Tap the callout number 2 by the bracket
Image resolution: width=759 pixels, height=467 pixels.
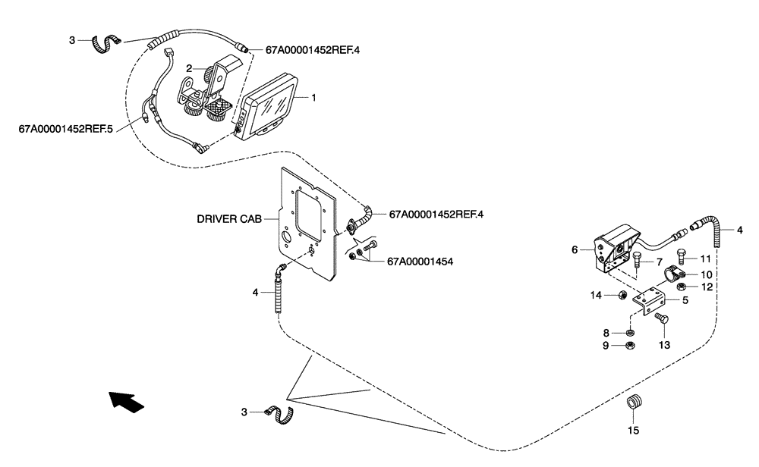(190, 68)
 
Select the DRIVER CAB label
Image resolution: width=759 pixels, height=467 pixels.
(228, 218)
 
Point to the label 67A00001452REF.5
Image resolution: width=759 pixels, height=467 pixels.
(65, 129)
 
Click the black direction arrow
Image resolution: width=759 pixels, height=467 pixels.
(125, 401)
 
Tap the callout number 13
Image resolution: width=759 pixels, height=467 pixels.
(665, 344)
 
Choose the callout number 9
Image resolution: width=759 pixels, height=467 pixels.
(606, 346)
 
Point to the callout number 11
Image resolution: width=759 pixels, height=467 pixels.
(705, 259)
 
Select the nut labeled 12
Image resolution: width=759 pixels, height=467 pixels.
(682, 287)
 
